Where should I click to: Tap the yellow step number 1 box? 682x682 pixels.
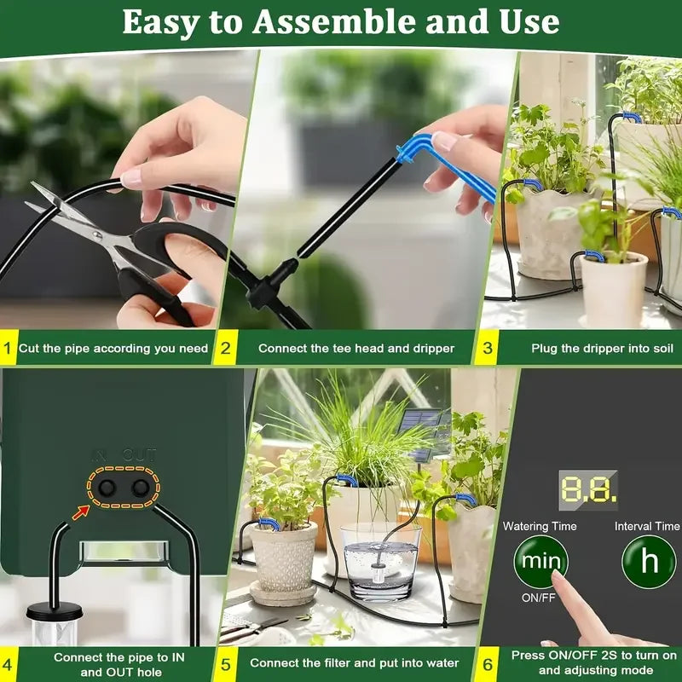9,348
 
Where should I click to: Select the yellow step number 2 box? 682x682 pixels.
225,348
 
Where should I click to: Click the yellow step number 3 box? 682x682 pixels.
488,348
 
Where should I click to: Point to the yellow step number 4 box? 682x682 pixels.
9,664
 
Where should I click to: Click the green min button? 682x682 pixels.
540,562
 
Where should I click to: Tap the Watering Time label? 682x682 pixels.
540,527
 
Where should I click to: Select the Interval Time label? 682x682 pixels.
647,527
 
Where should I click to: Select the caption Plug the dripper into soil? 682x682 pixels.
602,348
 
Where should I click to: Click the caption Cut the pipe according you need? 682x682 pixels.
113,348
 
